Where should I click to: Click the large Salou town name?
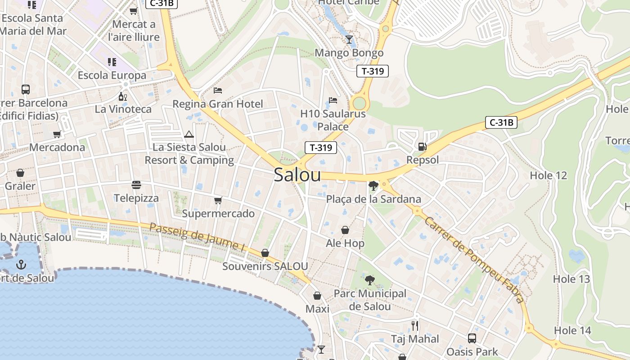297,175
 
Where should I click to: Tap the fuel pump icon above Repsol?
422,146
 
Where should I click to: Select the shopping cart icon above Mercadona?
57,134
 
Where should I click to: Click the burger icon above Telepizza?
136,185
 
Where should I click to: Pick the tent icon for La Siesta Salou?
189,134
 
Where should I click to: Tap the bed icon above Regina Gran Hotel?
218,90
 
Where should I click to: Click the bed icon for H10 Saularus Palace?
333,100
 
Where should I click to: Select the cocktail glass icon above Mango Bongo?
349,40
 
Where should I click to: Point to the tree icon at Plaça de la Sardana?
373,185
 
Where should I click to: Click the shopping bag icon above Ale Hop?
345,230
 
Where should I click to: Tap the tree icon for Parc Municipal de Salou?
369,280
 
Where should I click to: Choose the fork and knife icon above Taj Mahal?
415,325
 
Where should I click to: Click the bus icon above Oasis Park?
472,338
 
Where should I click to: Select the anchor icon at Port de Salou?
21,265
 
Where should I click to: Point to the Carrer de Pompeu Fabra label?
474,260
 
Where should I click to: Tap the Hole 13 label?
571,279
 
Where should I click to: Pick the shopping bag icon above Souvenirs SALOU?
265,253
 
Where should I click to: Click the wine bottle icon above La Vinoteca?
122,96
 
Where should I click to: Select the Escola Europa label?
112,75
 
